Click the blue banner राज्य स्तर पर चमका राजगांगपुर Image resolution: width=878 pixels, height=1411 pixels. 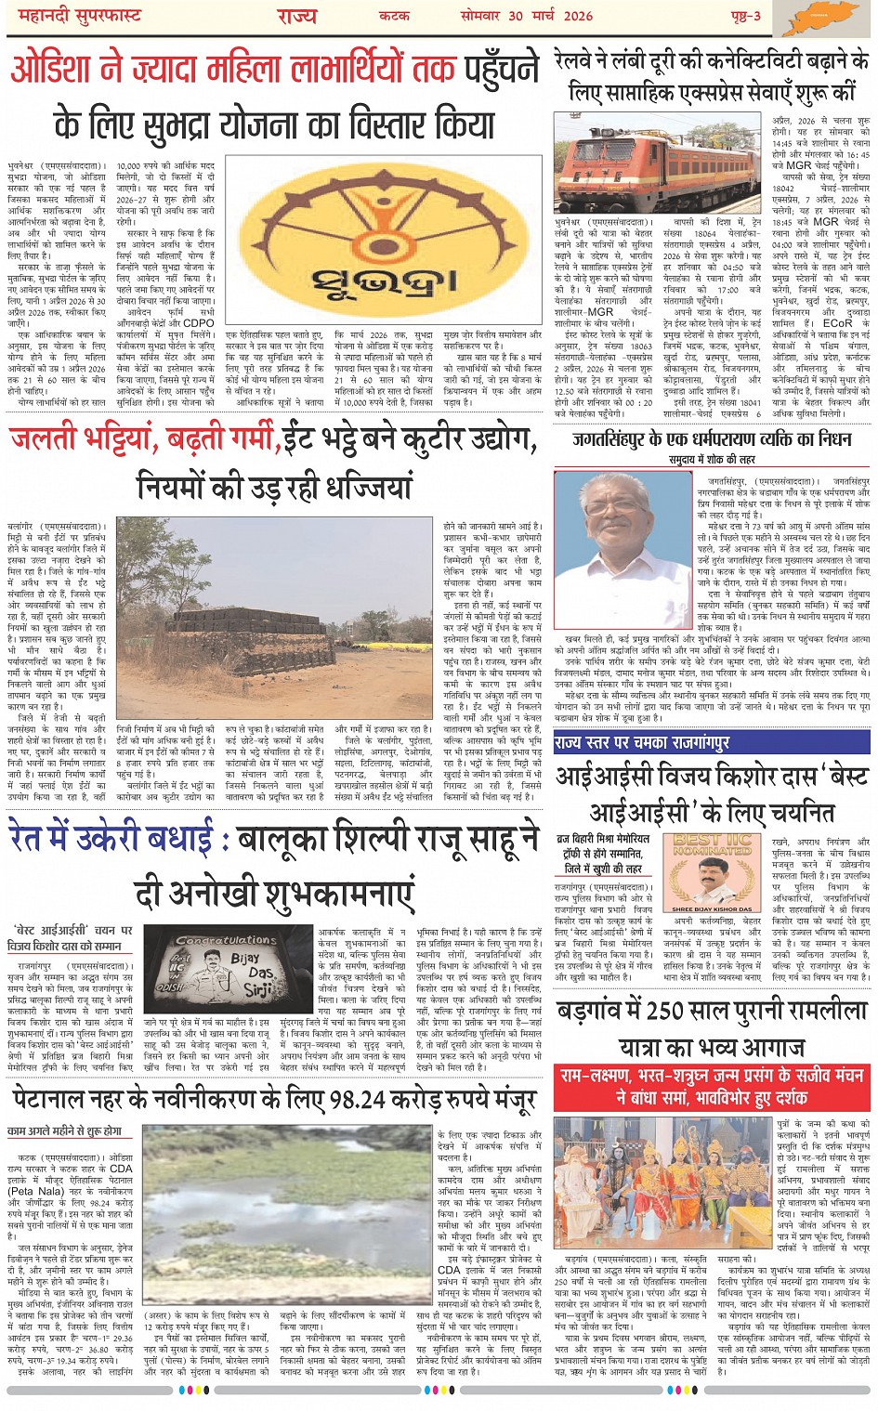tap(642, 742)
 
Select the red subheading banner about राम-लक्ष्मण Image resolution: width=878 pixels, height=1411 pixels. tap(711, 1086)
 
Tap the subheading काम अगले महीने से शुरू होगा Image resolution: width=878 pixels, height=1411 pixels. tap(64, 1131)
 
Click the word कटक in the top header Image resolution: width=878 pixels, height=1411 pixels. tap(394, 16)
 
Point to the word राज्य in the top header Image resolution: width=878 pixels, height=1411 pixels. tap(296, 16)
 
